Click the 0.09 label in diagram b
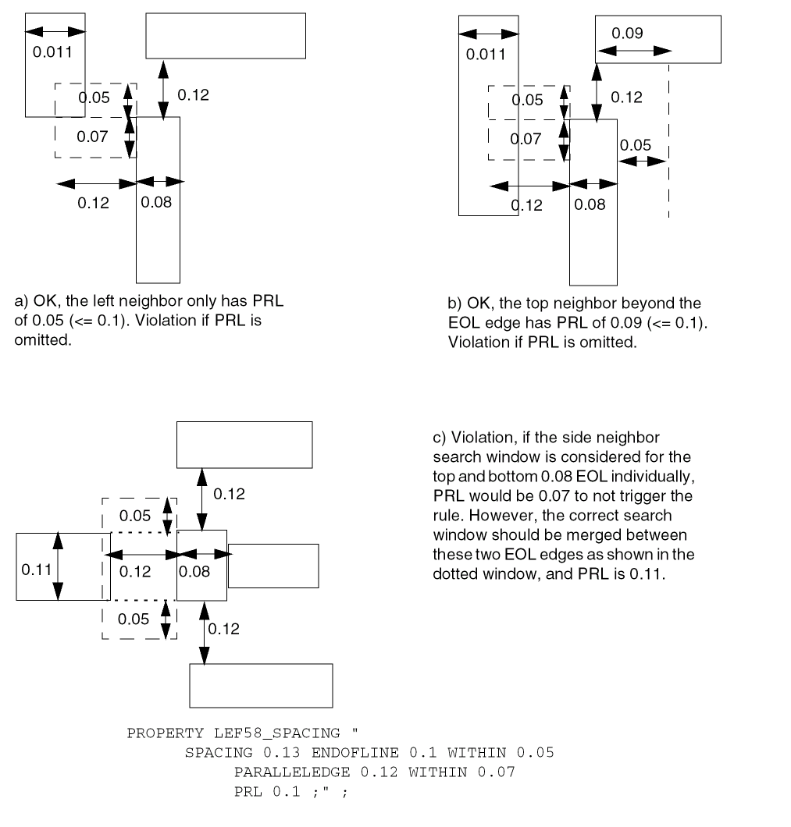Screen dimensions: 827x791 [627, 34]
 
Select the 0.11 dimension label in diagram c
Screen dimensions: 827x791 [36, 569]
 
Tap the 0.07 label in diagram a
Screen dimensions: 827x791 [92, 137]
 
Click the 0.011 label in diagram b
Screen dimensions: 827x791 [486, 55]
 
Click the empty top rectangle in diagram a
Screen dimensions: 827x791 [225, 36]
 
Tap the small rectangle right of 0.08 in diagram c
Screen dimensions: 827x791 [273, 566]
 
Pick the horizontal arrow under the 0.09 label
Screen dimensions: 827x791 [634, 50]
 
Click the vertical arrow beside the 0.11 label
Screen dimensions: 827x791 [59, 566]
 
